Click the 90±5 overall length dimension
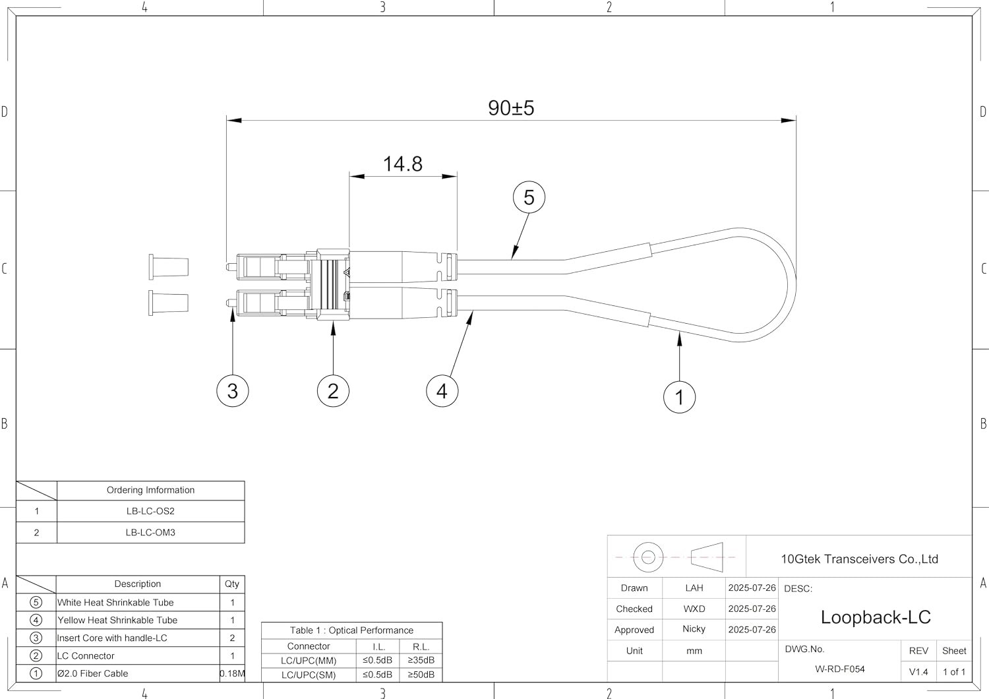(511, 108)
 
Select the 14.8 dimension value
(403, 164)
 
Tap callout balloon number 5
(529, 197)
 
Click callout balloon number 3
(233, 391)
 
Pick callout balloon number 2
(333, 391)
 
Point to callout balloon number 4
(442, 391)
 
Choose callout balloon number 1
(680, 397)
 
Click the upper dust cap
(169, 266)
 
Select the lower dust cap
(169, 303)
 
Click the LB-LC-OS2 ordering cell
(150, 511)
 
